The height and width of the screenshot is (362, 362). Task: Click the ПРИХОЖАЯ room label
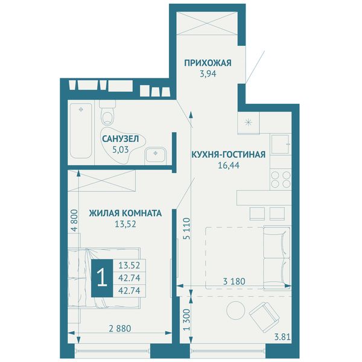click(208, 63)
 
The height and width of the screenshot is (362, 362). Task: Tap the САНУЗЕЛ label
click(120, 139)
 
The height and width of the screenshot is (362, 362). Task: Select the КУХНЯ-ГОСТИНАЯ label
click(229, 154)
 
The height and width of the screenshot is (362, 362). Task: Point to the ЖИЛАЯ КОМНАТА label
click(125, 213)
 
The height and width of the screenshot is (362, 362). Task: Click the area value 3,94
click(208, 74)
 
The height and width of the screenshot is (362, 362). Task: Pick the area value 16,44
click(229, 165)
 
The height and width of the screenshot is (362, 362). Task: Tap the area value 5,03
click(120, 150)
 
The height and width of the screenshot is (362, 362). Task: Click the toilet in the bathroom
click(107, 113)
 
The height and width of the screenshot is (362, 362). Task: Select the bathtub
click(81, 131)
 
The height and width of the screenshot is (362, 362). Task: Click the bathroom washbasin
click(155, 154)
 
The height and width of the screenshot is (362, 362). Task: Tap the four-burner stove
click(281, 180)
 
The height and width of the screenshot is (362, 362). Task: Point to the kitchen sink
click(281, 145)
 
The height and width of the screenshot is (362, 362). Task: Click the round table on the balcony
click(236, 310)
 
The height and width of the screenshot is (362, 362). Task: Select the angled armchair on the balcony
click(264, 314)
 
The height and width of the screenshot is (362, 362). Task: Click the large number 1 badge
click(102, 278)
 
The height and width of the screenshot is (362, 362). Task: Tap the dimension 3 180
click(234, 281)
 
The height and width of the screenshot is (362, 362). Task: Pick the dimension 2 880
click(120, 328)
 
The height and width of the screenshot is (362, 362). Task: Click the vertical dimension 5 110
click(187, 228)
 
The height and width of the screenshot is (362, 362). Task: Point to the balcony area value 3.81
click(282, 337)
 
